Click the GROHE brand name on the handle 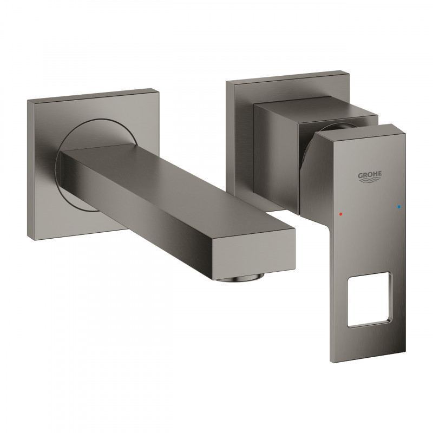pos(370,174)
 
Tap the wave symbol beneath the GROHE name pos(370,182)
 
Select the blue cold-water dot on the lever pos(399,207)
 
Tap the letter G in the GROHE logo pos(359,174)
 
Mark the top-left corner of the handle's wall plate pos(227,83)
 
